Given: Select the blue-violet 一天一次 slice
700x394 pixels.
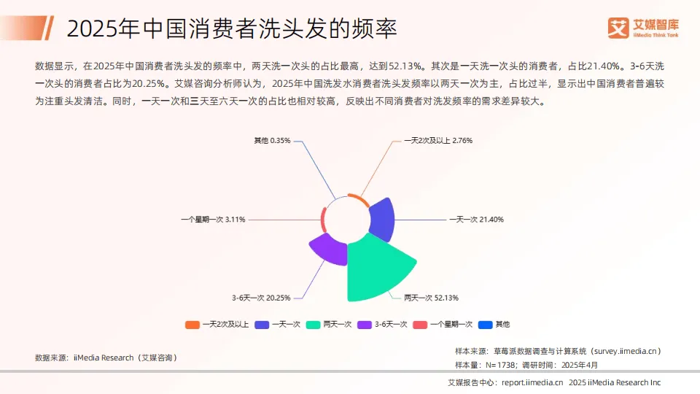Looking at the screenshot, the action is coord(382,220).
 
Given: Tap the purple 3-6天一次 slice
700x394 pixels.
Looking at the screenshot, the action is coord(326,249).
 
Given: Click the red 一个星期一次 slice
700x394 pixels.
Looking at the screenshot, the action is coord(323,219).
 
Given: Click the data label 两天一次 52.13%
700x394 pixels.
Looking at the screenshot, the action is coord(432,298).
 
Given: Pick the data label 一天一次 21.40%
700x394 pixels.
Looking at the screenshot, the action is coord(476,219).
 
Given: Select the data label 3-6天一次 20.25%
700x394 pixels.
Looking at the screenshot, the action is coord(261,298).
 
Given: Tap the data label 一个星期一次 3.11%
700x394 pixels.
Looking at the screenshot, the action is coord(213,219).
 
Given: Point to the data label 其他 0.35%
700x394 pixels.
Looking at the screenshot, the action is coord(272,140).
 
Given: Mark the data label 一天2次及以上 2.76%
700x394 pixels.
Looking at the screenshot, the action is coord(438,140).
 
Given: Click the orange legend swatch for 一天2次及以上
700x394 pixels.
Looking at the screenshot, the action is coord(192,324).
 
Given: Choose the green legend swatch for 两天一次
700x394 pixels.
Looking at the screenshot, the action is coord(314,324).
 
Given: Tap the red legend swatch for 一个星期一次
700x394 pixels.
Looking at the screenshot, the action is coord(420,324).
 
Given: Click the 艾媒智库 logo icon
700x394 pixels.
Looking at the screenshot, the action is coord(618,28).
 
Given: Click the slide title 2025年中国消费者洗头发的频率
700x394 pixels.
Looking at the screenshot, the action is coord(231,29).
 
